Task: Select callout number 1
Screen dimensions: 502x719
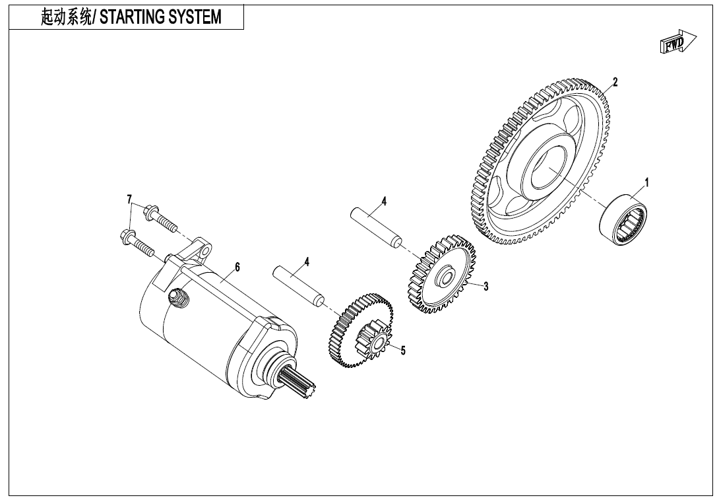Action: click(x=646, y=182)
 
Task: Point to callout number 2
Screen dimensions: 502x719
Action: click(x=615, y=82)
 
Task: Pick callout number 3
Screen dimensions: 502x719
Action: click(x=485, y=287)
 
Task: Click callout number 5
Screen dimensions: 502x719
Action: click(x=403, y=351)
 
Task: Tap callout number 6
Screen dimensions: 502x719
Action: click(x=237, y=267)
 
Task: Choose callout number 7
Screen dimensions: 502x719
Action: click(x=130, y=199)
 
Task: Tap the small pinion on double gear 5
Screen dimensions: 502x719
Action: click(x=373, y=342)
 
